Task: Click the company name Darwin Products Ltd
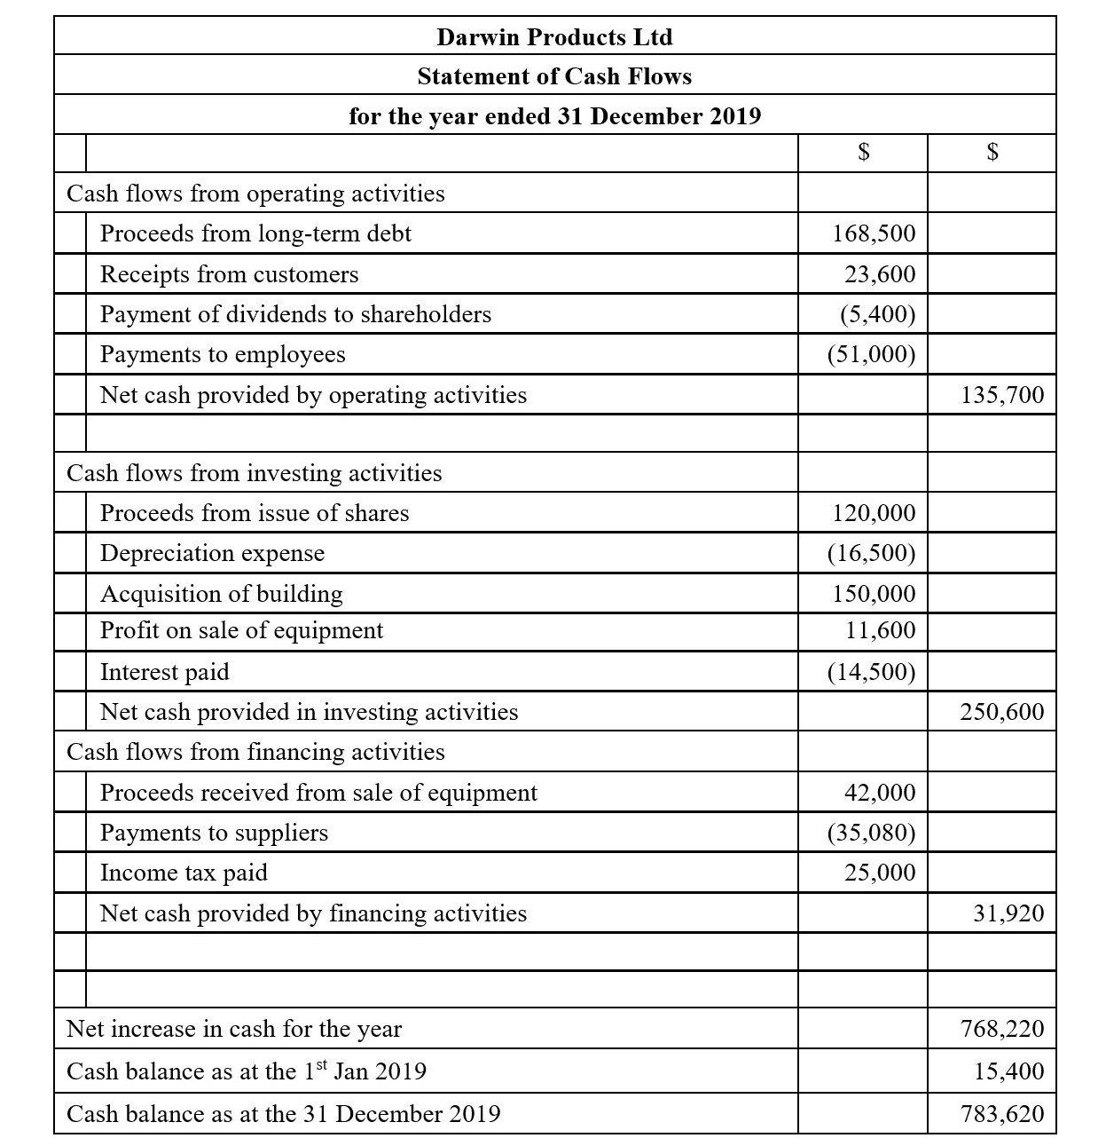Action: coord(554,37)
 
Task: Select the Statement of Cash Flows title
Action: coord(554,76)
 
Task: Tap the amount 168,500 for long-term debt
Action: coord(874,233)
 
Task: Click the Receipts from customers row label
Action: coord(229,274)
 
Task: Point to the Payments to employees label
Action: coord(223,354)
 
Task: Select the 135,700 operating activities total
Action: coord(1002,395)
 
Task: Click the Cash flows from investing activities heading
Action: coord(254,473)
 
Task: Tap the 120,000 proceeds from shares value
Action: coord(874,513)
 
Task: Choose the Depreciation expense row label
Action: coord(212,553)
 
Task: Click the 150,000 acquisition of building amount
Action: coord(874,593)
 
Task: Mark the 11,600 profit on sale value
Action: coord(880,630)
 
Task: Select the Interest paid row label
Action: coord(164,672)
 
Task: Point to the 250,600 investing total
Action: coord(1002,712)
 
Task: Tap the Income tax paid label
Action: coord(184,873)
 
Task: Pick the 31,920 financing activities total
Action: coord(1008,913)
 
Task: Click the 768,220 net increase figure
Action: coord(1002,1029)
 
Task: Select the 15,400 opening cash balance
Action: coord(1008,1071)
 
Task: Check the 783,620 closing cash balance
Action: coord(1002,1113)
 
